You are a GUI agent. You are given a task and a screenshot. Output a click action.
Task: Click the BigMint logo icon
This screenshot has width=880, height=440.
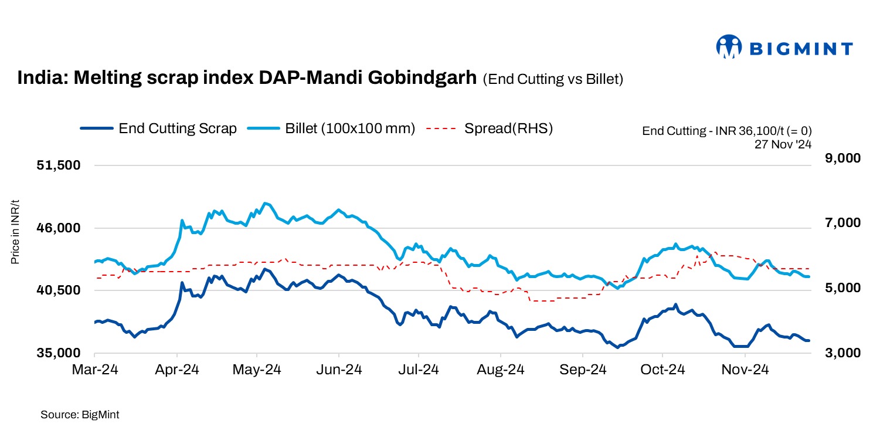[x=729, y=47]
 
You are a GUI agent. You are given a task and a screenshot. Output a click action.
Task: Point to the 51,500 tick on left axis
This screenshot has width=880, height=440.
[x=58, y=166]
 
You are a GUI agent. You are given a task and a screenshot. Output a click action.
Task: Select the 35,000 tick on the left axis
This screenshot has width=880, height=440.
[x=58, y=353]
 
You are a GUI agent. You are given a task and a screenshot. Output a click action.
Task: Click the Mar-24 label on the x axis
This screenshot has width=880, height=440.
[x=94, y=370]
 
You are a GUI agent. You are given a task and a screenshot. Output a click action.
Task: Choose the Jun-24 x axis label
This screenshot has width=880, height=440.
[x=339, y=370]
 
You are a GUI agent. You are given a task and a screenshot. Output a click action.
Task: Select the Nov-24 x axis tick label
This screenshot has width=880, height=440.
[x=745, y=370]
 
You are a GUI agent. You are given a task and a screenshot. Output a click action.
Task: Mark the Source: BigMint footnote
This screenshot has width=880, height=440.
[x=80, y=415]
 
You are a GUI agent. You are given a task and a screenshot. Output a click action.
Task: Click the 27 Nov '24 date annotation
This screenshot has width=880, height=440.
[x=783, y=143]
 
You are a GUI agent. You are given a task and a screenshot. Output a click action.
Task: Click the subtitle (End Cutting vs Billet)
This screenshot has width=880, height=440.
[x=552, y=80]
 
